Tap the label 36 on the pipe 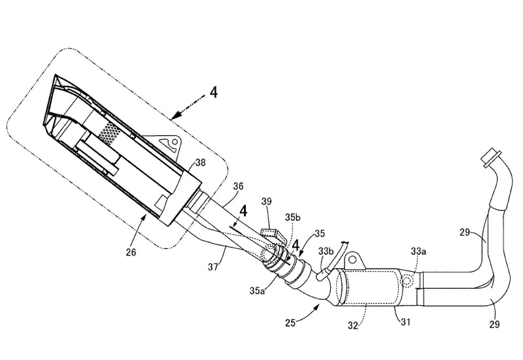pyautogui.click(x=239, y=187)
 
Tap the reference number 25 pyautogui.click(x=291, y=322)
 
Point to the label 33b pyautogui.click(x=326, y=251)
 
